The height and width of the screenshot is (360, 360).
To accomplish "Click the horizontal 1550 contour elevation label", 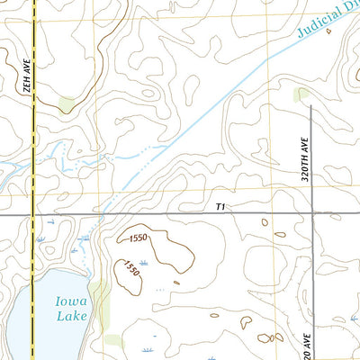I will (x=138, y=238).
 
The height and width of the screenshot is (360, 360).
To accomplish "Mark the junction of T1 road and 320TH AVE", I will (x=311, y=215).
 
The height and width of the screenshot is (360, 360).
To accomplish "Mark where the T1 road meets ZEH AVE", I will (x=33, y=215).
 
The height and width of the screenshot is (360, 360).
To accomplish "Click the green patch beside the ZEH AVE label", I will (x=67, y=105).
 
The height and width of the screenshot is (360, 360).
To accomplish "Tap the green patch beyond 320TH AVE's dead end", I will (x=304, y=94).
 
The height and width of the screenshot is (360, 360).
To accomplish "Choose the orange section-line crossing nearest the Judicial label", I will (x=267, y=17).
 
